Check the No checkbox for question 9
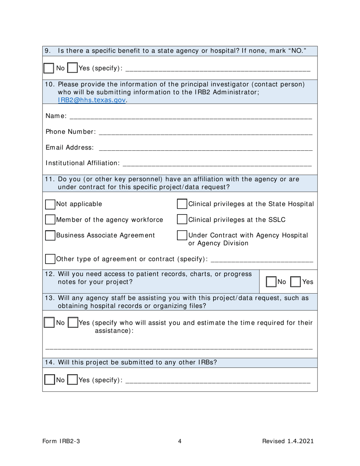[x=49, y=69]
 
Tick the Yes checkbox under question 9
[x=72, y=69]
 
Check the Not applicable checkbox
[x=50, y=204]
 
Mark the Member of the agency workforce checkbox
[x=50, y=220]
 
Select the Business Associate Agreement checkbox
[x=50, y=236]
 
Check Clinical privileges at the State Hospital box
[x=182, y=204]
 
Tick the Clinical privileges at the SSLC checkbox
[x=182, y=220]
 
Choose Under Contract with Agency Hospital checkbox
[x=182, y=236]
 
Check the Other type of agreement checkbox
[x=50, y=259]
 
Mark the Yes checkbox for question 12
[x=296, y=282]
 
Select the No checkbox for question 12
[x=271, y=282]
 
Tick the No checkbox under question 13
[x=49, y=323]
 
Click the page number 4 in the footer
[x=180, y=441]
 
